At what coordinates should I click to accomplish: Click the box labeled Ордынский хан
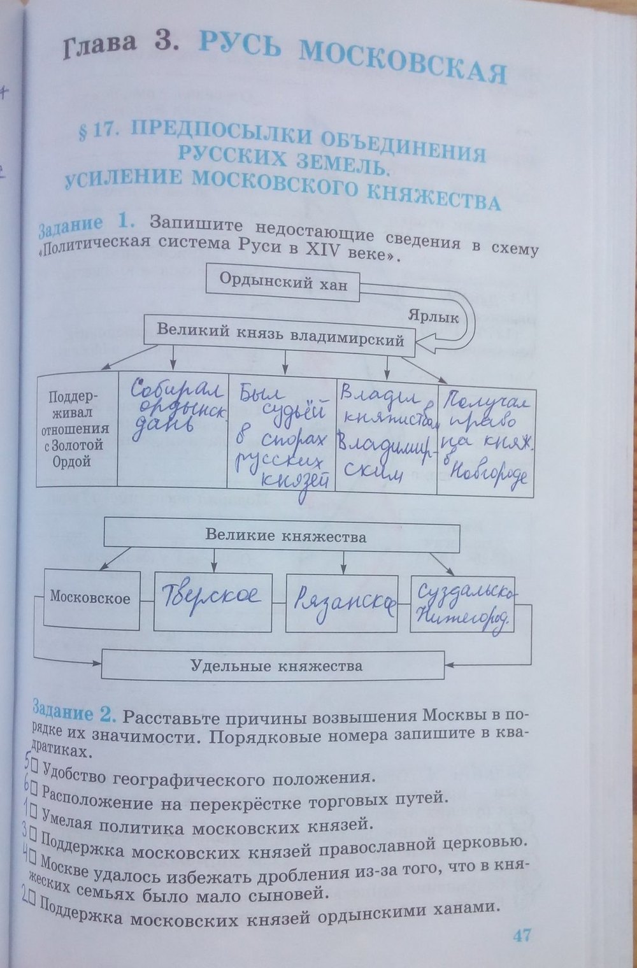283,282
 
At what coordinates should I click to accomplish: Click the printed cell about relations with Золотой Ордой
78,429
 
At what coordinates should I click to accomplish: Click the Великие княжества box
285,536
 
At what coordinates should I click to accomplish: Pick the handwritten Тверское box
213,601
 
